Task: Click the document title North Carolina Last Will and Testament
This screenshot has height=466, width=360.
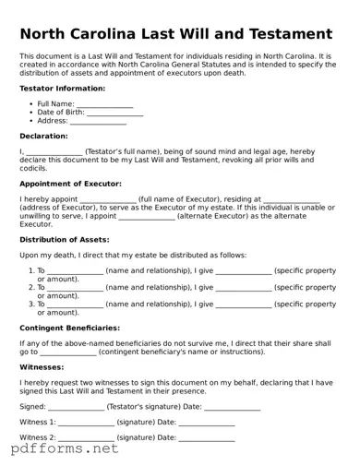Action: [x=176, y=34]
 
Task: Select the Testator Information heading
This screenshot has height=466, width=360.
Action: [x=62, y=89]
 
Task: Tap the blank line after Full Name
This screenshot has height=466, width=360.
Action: [x=105, y=104]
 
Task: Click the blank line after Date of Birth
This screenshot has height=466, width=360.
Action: [x=115, y=113]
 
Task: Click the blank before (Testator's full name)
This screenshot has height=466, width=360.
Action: [x=54, y=150]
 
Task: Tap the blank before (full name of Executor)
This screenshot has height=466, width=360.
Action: [x=108, y=198]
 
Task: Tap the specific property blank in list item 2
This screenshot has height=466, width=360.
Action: [x=244, y=287]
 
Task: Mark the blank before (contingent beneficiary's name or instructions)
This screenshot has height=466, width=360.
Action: [x=68, y=352]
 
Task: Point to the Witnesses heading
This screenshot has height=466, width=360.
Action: [x=42, y=366]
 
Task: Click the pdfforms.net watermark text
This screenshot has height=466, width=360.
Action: [x=65, y=449]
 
